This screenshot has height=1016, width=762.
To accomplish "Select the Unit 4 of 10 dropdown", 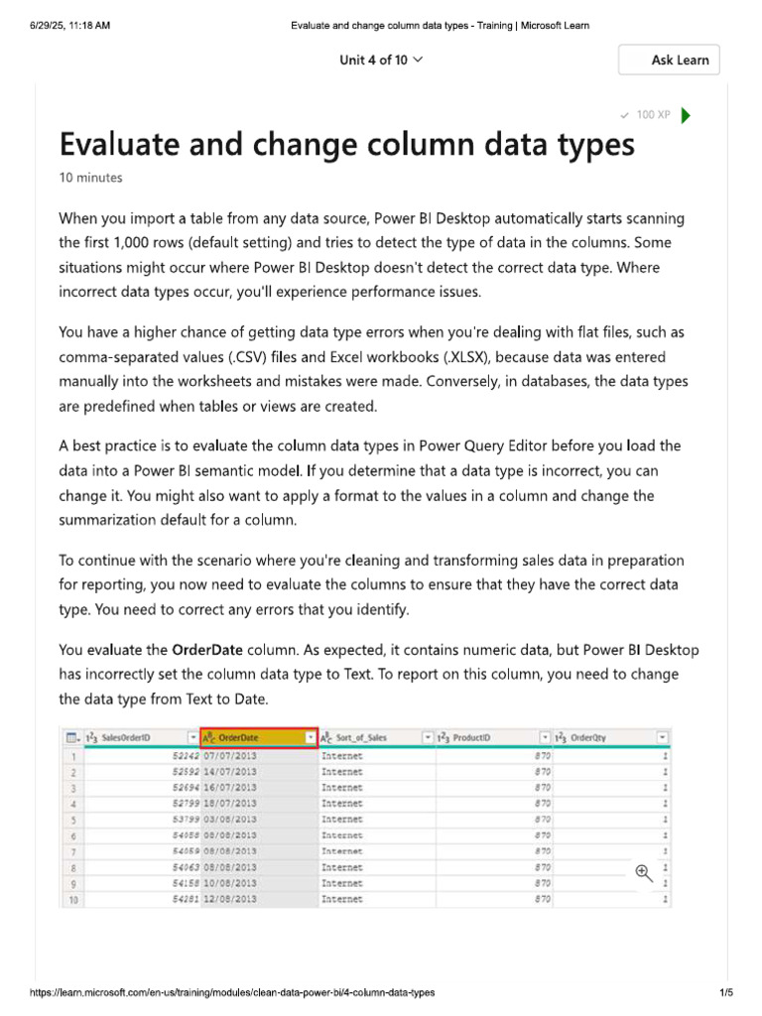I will pyautogui.click(x=381, y=60).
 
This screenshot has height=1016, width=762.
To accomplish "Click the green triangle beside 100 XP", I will pyautogui.click(x=686, y=115).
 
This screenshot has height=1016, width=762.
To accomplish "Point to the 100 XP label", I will pyautogui.click(x=652, y=115).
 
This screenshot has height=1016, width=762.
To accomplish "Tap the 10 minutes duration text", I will pyautogui.click(x=91, y=178).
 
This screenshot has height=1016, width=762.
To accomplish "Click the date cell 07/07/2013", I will pyautogui.click(x=230, y=756).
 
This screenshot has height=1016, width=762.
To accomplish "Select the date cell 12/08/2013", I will pyautogui.click(x=230, y=899).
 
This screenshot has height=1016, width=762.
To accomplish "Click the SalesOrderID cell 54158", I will pyautogui.click(x=183, y=883).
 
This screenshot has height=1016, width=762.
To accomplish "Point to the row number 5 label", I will pyautogui.click(x=72, y=820).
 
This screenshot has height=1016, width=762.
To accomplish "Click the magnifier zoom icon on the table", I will pyautogui.click(x=643, y=872).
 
